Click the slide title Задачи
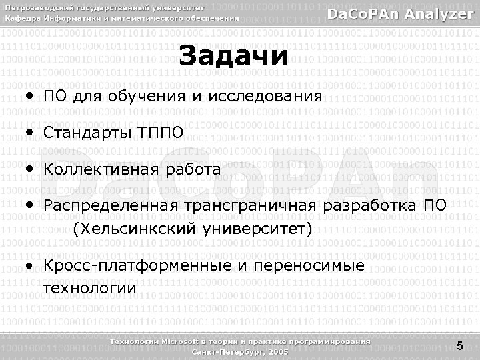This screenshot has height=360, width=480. [235, 57]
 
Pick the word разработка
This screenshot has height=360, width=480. [370, 206]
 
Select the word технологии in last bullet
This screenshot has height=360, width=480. [89, 289]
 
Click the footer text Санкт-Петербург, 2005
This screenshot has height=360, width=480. [240, 351]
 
